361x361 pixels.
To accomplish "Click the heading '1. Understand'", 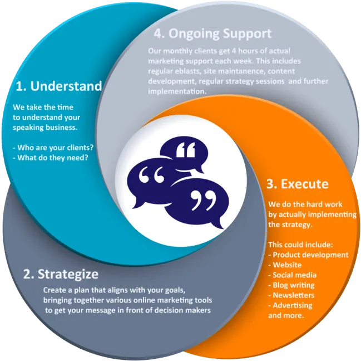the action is pos(59,86).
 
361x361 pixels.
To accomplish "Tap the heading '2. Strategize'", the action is pos(61,274).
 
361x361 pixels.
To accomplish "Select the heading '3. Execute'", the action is pos(298,184).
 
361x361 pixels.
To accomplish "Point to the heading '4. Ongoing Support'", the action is pos(212,34).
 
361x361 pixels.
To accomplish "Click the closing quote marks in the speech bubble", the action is pos(204,200).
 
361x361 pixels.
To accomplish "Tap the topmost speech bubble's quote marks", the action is pos(186,149).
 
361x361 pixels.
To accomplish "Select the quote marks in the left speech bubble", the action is pos(151,175).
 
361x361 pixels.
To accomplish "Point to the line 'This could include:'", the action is pos(301,245).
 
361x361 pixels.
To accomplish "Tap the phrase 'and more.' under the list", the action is pos(286,315).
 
